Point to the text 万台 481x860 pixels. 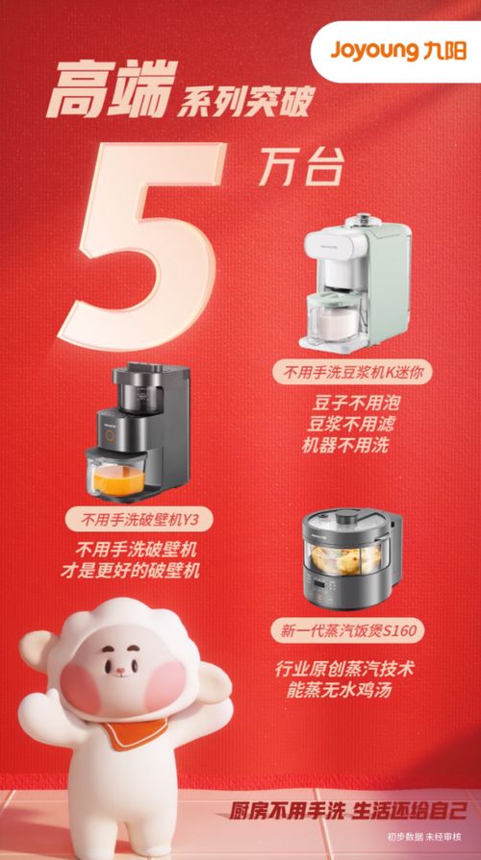click(x=299, y=170)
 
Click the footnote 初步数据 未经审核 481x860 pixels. click(x=424, y=837)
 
